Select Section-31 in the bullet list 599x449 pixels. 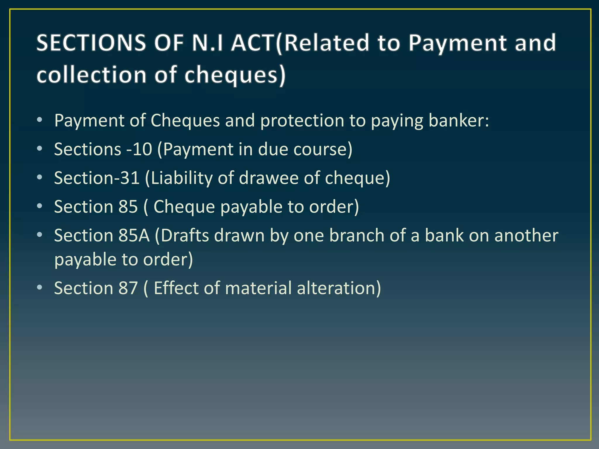(97, 178)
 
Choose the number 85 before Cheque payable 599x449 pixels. (128, 207)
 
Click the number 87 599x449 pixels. (128, 288)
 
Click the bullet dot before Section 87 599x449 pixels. (40, 288)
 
